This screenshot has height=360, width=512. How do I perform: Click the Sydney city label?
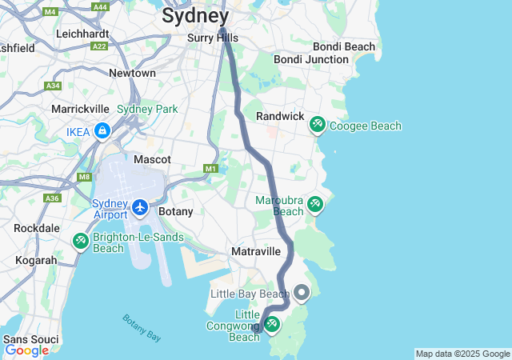[195, 15]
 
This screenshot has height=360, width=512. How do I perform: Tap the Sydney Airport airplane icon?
[141, 208]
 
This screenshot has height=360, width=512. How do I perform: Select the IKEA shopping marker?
[102, 131]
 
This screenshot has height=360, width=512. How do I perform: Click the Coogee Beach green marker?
[318, 125]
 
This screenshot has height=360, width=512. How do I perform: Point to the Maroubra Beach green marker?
[314, 205]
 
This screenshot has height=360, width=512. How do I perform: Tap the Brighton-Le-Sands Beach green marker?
[80, 240]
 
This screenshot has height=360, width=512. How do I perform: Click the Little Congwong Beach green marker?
[272, 324]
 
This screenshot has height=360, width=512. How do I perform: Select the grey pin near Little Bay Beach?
[302, 293]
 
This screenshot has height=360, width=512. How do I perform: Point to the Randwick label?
[280, 117]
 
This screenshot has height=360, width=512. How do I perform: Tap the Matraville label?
[255, 251]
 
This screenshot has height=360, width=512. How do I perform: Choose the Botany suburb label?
[176, 212]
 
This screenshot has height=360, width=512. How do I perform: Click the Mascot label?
[152, 160]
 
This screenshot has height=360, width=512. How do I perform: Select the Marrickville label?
[80, 109]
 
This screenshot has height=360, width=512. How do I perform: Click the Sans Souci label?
[30, 339]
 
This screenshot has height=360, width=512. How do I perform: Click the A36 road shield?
[53, 198]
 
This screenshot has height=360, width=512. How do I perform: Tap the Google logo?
[26, 350]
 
